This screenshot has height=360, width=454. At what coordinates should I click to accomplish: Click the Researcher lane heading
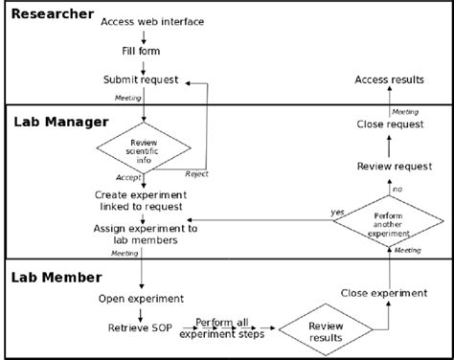coord(53,14)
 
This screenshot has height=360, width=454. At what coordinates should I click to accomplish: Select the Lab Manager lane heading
coord(60,123)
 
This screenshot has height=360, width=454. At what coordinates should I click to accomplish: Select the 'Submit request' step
coord(141,79)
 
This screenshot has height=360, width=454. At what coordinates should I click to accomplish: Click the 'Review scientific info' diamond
coord(144,148)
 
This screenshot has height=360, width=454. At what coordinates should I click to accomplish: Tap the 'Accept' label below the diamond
coord(127,178)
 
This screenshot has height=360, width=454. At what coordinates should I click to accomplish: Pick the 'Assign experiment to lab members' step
coord(146,236)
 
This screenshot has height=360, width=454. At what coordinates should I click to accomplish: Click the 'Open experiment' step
coord(141,299)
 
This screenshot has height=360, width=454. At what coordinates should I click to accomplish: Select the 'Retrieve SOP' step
coord(141,328)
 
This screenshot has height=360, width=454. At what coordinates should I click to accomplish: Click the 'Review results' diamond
coord(326,330)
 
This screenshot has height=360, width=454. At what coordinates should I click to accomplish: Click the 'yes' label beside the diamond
coord(338,212)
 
